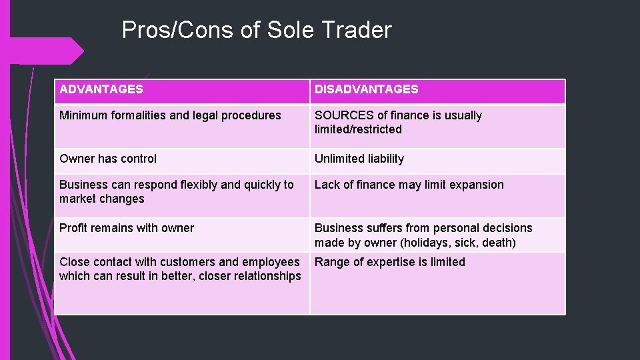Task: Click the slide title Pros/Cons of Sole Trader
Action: tap(257, 30)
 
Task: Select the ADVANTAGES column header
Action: tap(101, 89)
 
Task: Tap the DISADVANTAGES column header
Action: tap(367, 89)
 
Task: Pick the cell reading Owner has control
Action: tap(108, 159)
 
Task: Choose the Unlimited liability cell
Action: tap(359, 159)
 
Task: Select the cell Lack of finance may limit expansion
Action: tap(409, 185)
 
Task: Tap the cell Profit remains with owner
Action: tap(127, 228)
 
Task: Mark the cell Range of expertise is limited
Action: tap(390, 262)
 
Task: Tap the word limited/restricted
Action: tap(358, 129)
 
